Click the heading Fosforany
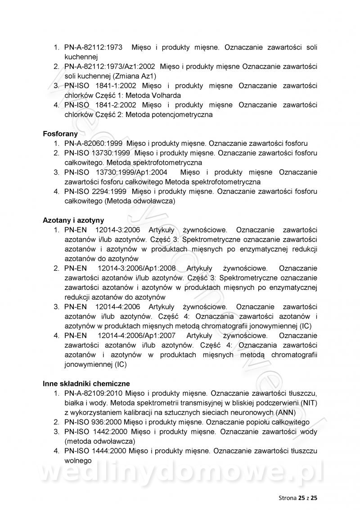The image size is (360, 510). pos(60,134)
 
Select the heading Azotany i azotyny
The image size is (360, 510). pos(73,220)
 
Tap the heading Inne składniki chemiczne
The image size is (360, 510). pos(86,384)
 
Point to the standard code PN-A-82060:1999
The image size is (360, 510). pos(93,144)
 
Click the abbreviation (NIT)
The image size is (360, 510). pos(308,402)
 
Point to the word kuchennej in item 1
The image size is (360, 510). pos(81,57)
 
